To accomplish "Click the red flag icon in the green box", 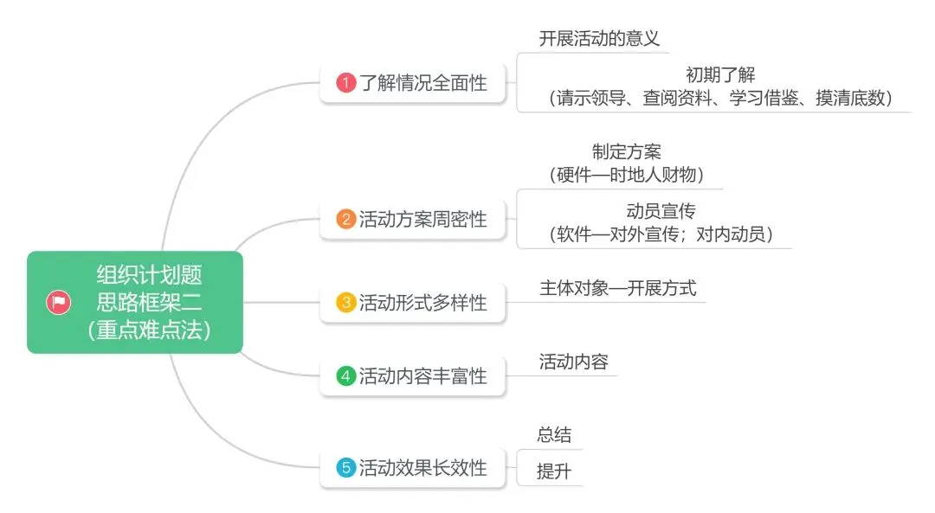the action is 59,303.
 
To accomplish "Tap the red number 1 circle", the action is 346,84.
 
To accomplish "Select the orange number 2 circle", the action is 346,220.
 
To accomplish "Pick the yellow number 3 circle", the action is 346,303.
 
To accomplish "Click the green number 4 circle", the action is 346,376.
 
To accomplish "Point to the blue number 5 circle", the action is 346,468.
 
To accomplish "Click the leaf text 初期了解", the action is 719,75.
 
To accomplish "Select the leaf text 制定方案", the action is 627,151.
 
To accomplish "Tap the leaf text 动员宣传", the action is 661,210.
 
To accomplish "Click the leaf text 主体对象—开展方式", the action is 617,288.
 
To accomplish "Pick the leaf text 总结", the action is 554,435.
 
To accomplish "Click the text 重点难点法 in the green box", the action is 149,330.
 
